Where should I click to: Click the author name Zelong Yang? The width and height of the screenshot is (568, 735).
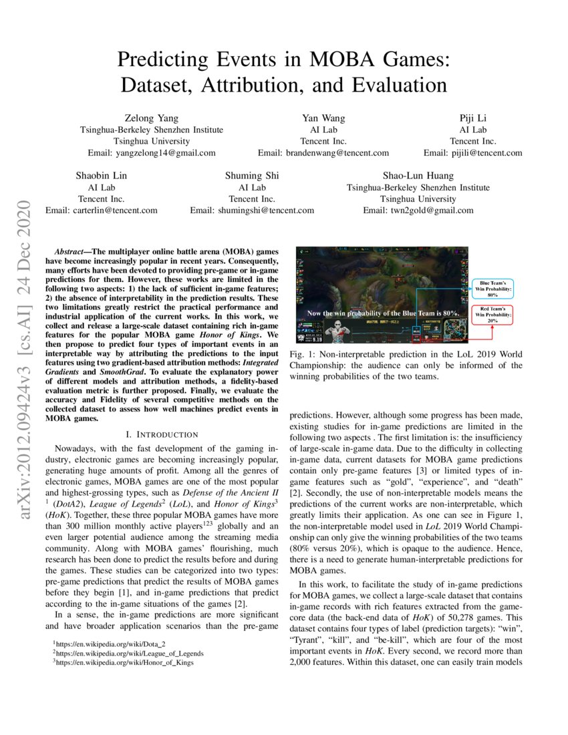pos(152,119)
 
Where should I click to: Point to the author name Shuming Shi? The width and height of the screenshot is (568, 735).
pos(252,176)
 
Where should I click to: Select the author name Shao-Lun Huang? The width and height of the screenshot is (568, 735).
pos(418,176)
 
